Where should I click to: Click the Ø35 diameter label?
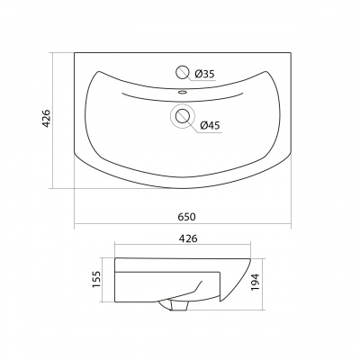(204, 74)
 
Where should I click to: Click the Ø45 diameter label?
(210, 125)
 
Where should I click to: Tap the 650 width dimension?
(186, 217)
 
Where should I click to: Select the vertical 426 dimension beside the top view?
(46, 119)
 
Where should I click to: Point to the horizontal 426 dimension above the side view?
(188, 238)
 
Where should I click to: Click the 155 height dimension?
(96, 279)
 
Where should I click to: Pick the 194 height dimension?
(255, 282)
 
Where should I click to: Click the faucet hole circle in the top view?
(182, 72)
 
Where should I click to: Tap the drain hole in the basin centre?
(183, 116)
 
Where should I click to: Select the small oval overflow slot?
(182, 92)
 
